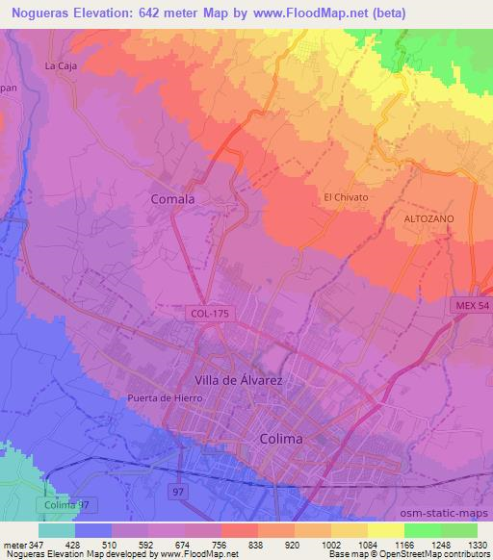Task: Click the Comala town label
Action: coord(173,199)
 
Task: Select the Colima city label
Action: coord(281,438)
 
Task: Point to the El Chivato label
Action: coord(346,197)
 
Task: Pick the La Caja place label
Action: coord(60,66)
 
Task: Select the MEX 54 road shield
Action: coord(470,304)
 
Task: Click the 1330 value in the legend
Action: coord(478,544)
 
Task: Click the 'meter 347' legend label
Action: coord(19,544)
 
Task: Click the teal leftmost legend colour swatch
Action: coord(56,529)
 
